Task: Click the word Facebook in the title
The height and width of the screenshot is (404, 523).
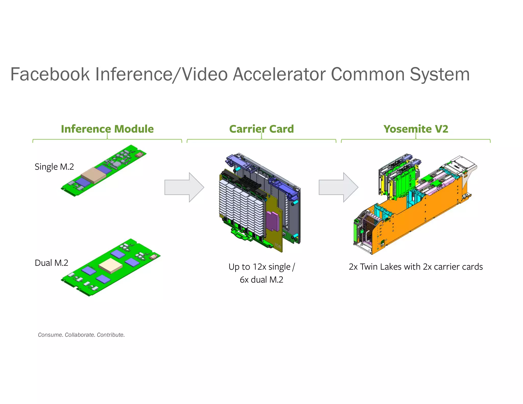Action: point(50,74)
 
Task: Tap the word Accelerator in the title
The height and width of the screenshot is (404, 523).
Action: point(280,74)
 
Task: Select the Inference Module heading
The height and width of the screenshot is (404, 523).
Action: point(107,129)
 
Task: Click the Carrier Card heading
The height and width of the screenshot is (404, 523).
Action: point(261,129)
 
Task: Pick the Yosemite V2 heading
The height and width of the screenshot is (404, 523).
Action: point(416,129)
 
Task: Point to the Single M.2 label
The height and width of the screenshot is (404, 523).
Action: point(54,167)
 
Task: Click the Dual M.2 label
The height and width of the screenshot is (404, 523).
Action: point(51,263)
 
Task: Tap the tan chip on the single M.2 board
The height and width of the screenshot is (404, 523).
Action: point(93,175)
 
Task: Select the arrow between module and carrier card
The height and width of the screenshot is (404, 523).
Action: point(184,187)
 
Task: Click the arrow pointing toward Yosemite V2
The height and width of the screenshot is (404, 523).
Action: point(338,187)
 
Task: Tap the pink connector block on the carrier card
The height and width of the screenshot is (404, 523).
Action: point(272,221)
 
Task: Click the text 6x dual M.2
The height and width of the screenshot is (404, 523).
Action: point(261,280)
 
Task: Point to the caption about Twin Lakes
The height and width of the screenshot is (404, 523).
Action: point(416,267)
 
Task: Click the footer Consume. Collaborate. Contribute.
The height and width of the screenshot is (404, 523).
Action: point(81,335)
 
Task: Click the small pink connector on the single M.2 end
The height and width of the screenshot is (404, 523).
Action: point(139,155)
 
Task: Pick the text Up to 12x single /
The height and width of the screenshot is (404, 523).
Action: point(261,267)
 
